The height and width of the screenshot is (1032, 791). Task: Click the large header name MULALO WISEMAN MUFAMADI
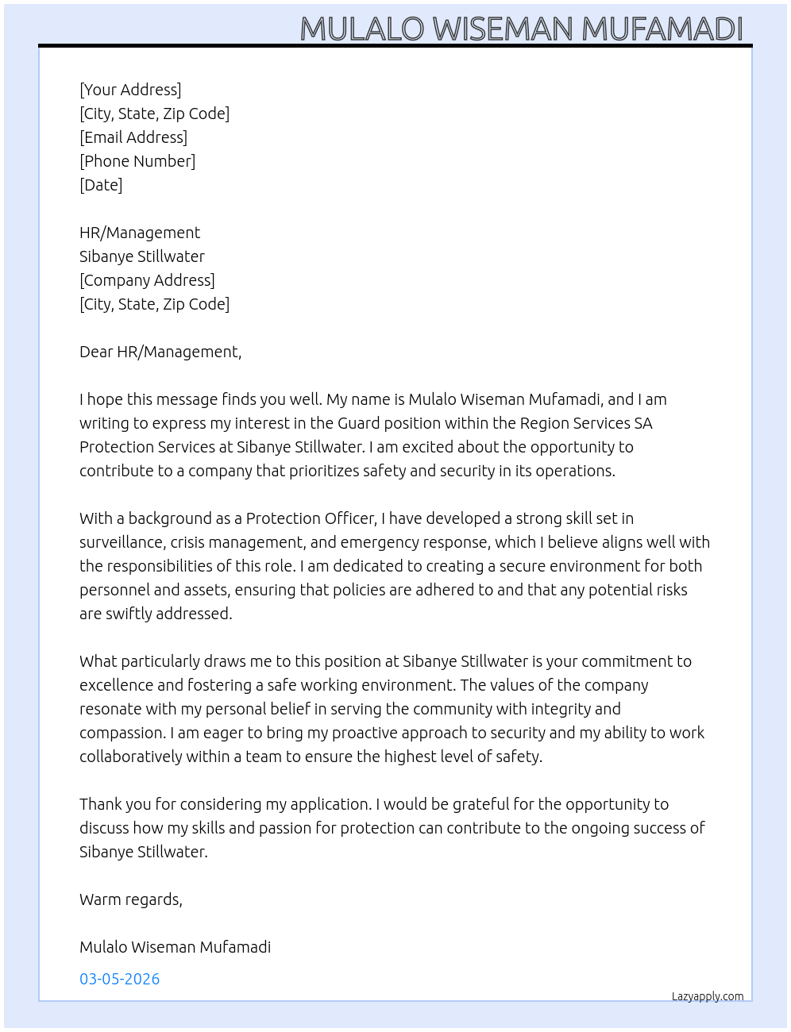[521, 29]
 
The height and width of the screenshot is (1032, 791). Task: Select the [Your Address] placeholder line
[130, 90]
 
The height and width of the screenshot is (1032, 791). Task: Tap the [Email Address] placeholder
[133, 137]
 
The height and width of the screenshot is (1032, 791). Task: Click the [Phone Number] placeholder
[137, 161]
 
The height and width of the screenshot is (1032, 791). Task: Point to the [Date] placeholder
[101, 185]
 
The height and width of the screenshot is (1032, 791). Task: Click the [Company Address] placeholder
[147, 280]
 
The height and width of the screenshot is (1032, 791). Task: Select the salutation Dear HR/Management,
[160, 352]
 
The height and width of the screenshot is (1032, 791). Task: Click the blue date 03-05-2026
[119, 979]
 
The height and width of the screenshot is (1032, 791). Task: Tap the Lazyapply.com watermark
[708, 996]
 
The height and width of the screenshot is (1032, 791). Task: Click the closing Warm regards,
[131, 899]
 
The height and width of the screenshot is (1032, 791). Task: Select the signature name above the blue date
[175, 947]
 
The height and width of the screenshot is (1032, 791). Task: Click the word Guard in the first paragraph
[359, 423]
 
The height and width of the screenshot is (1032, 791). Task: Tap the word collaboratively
[130, 757]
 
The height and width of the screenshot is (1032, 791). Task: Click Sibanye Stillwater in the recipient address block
[142, 256]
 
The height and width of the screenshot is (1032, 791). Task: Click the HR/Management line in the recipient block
[140, 233]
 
